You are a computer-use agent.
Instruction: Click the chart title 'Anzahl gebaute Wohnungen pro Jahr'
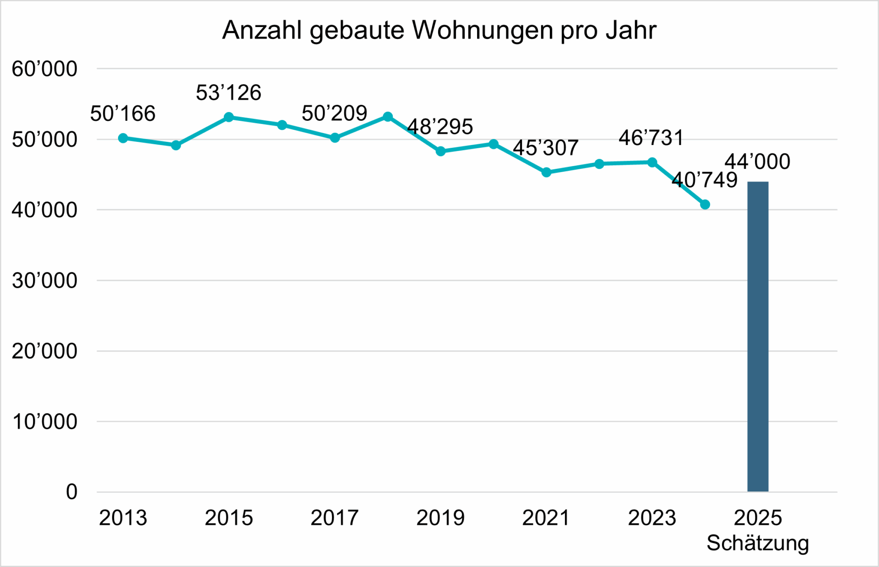[x=439, y=31]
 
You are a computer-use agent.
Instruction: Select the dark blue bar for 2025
[x=758, y=336]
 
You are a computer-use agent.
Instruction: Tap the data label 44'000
[x=757, y=162]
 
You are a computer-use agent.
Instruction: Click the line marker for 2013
[x=123, y=138]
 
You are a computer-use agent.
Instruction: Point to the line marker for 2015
[x=229, y=117]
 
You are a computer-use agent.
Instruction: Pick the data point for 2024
[x=705, y=205]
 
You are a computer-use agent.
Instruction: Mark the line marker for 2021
[x=546, y=173]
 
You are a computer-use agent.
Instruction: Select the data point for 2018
[x=388, y=117]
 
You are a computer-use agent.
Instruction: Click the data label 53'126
[x=228, y=93]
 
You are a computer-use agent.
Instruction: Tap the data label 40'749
[x=705, y=180]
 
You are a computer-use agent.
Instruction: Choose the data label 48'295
[x=440, y=127]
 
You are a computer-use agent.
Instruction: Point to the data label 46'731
[x=651, y=138]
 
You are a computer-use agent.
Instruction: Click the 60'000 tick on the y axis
[x=44, y=69]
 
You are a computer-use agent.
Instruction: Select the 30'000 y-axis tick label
[x=44, y=281]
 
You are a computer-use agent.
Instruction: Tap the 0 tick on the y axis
[x=71, y=492]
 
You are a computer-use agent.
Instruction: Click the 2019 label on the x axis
[x=440, y=518]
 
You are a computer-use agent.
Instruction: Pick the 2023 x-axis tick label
[x=652, y=518]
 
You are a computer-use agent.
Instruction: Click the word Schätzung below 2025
[x=758, y=543]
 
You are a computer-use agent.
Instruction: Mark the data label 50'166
[x=123, y=113]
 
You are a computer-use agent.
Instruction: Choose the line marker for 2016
[x=282, y=125]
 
